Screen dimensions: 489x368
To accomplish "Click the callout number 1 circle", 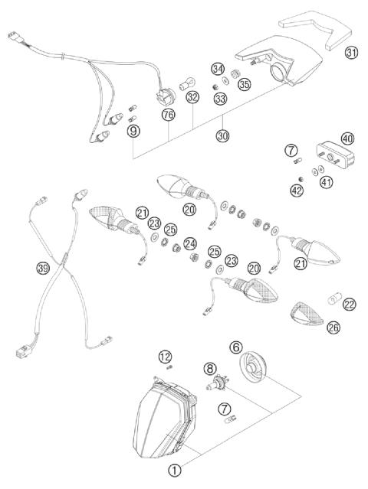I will tap(175, 471).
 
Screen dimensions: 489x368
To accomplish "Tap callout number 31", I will tap(351, 53).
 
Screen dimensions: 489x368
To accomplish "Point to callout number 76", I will tap(169, 115).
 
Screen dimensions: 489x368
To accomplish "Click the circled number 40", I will tap(347, 139).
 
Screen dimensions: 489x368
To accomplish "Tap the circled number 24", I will tap(190, 245).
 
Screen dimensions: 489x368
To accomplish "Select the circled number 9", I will tap(134, 132).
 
